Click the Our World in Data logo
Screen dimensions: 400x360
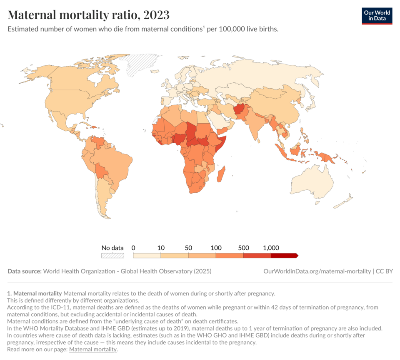pyautogui.click(x=377, y=16)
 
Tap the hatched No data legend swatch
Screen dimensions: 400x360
pyautogui.click(x=112, y=256)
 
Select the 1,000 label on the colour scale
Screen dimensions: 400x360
pyautogui.click(x=271, y=248)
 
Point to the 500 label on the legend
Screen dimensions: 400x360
pyautogui.click(x=243, y=248)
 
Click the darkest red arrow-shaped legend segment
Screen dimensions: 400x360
pyautogui.click(x=284, y=256)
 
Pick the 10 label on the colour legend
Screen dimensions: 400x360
pyautogui.click(x=161, y=248)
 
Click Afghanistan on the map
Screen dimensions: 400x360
pyautogui.click(x=239, y=109)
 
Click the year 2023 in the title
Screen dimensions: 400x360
pyautogui.click(x=156, y=15)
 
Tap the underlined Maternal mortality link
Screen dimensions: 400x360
pyautogui.click(x=93, y=349)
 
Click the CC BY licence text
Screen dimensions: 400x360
pyautogui.click(x=384, y=271)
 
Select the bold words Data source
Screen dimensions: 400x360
pyautogui.click(x=25, y=271)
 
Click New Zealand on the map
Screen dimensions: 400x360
pyautogui.click(x=343, y=201)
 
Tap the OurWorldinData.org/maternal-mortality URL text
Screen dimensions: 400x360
pyautogui.click(x=317, y=271)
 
